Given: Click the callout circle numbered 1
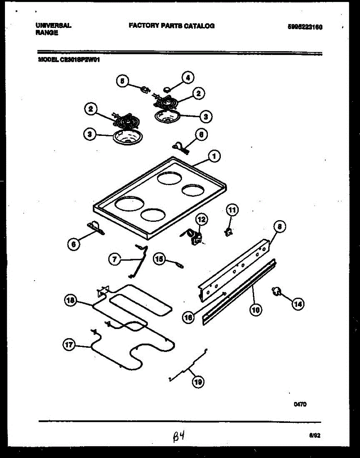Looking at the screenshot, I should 214,156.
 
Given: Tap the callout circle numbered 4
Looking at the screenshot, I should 187,78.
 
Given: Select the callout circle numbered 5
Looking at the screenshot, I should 122,81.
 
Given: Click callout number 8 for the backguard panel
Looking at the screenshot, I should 280,227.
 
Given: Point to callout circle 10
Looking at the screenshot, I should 256,310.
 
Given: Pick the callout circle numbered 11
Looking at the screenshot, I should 232,210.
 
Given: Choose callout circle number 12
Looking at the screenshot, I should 202,219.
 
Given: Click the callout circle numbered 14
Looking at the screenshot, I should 299,304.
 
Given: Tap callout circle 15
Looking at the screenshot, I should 159,259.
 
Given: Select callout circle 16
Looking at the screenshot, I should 188,318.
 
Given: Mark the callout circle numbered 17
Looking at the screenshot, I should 69,345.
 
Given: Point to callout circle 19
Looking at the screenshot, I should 198,382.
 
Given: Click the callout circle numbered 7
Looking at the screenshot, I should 114,260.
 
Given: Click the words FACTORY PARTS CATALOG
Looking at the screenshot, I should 172,26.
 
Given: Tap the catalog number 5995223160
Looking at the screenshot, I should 305,27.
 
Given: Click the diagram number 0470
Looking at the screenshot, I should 300,405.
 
